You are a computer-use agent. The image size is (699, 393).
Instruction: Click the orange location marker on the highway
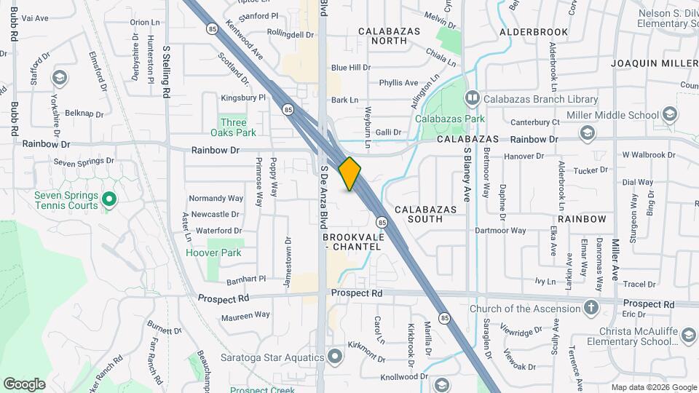350,173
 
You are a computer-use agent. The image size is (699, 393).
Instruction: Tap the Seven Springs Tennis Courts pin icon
109,198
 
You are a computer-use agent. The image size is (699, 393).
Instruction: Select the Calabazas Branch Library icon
473,98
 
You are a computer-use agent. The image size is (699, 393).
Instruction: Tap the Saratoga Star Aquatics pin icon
334,356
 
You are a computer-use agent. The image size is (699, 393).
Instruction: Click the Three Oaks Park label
234,127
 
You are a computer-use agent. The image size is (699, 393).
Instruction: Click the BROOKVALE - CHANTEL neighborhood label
352,242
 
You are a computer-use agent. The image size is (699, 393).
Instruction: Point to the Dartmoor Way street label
500,231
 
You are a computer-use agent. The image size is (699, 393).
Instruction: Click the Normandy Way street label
216,198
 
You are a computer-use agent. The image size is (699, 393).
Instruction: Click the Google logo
24,384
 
